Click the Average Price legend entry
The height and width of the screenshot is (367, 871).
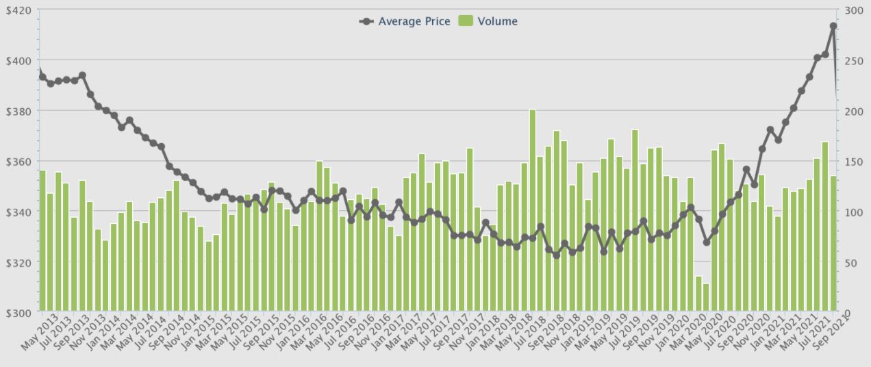[405, 21]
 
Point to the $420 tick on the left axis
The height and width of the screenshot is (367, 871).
[20, 10]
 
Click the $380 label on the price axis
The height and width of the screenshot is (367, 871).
[20, 111]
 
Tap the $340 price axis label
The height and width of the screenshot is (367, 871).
[20, 212]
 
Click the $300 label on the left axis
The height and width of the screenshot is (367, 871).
[20, 313]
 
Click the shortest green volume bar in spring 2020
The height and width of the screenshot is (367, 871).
[706, 298]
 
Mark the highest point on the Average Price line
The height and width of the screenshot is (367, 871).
[833, 26]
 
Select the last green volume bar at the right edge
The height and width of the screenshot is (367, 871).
[833, 244]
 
